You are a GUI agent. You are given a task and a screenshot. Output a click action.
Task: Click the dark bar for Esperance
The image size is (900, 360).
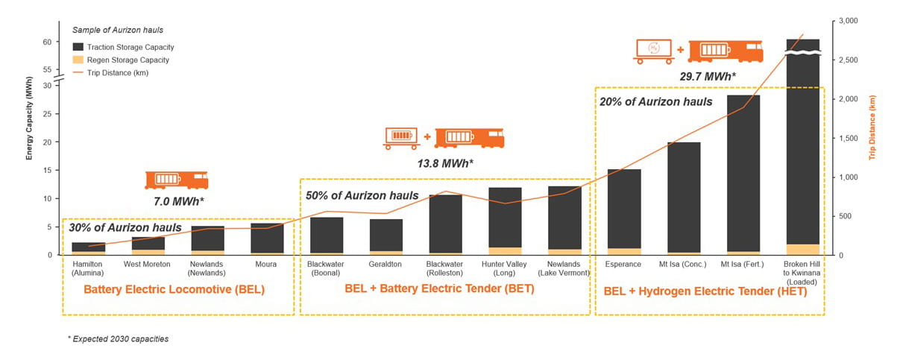623,209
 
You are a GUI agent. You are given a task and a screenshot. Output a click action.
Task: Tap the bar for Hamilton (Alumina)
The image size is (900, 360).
87,247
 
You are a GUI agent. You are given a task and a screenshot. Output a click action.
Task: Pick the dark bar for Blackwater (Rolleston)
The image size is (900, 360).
445,224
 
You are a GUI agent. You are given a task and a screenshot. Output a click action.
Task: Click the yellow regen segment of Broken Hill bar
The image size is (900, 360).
802,250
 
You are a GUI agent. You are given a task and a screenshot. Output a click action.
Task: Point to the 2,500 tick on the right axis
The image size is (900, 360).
847,60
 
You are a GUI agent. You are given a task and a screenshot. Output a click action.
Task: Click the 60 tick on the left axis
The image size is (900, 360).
46,42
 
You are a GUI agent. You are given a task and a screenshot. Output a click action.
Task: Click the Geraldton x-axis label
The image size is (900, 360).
386,264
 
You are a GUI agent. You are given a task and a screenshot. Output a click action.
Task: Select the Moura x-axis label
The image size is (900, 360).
266,264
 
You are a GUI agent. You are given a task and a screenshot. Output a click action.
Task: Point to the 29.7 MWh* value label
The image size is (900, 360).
707,76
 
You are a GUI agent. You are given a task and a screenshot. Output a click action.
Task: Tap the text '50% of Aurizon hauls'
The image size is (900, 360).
362,196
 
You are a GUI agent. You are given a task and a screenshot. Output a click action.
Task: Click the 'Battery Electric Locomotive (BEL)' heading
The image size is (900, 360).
174,289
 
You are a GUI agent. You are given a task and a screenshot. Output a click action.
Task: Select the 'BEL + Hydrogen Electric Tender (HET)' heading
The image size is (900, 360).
705,291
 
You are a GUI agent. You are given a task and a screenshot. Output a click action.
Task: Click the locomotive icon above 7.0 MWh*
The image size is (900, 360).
176,180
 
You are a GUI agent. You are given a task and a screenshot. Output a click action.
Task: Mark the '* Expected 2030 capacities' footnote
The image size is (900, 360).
118,339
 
